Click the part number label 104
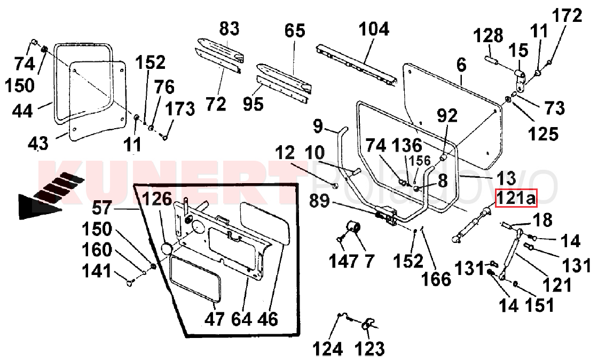[x=374, y=29]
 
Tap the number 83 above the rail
[x=229, y=29]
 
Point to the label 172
[x=567, y=16]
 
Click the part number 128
[x=488, y=36]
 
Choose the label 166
[x=436, y=279]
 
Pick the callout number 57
[x=102, y=208]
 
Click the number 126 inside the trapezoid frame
[x=157, y=199]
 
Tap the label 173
[x=179, y=109]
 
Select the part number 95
[x=253, y=104]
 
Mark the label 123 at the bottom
[x=369, y=348]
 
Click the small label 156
[x=420, y=161]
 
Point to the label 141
[x=97, y=272]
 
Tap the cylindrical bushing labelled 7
[x=354, y=227]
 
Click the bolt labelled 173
[x=165, y=136]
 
